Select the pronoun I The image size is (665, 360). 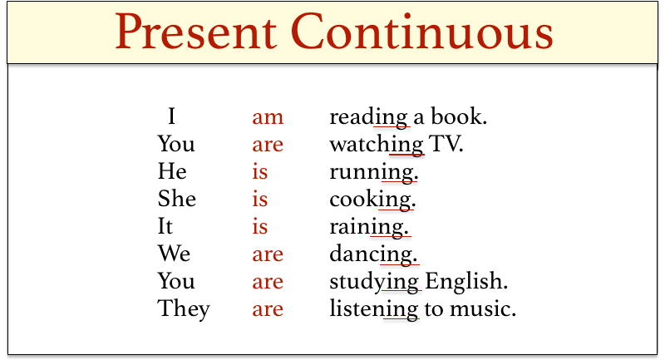(x=171, y=116)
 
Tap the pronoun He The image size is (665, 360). (x=172, y=171)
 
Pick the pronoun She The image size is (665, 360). (x=177, y=199)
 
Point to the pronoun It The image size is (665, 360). (x=165, y=226)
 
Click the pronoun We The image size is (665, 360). (x=174, y=254)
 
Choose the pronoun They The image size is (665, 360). (x=184, y=309)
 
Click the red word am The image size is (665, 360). (x=268, y=116)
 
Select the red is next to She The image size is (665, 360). (x=260, y=199)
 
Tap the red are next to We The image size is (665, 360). (x=268, y=254)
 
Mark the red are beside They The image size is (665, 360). (x=268, y=309)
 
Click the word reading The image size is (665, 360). (x=369, y=117)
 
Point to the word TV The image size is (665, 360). (x=446, y=144)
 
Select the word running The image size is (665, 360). (x=373, y=172)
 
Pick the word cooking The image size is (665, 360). (x=372, y=200)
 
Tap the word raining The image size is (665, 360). (x=370, y=227)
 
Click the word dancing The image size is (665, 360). (x=373, y=254)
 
